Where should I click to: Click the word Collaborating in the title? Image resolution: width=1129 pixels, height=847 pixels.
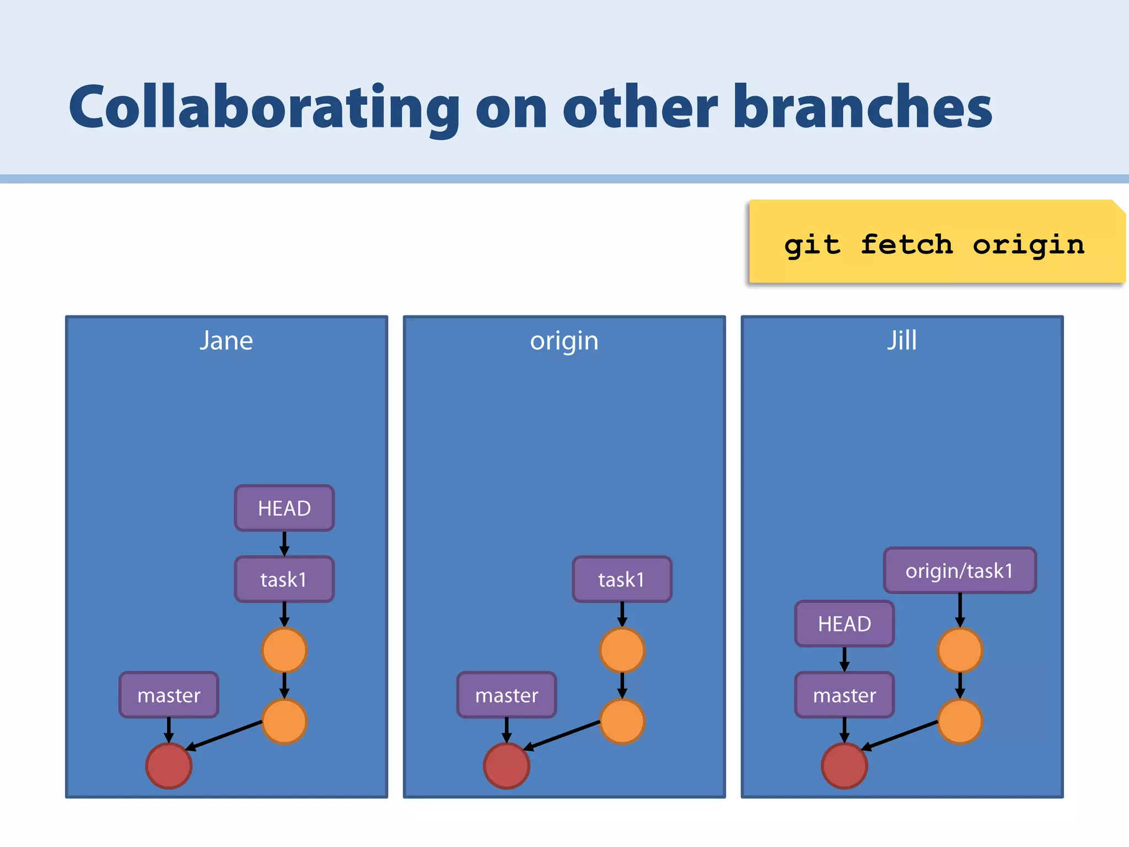click(264, 108)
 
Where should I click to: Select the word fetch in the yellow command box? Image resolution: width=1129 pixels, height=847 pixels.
click(906, 244)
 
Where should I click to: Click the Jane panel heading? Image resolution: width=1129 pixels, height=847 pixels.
click(226, 341)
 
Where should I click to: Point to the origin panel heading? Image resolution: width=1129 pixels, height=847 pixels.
click(564, 341)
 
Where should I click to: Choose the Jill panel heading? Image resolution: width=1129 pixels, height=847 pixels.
click(902, 340)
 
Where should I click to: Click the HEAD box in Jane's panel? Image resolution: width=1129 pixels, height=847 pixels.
click(284, 508)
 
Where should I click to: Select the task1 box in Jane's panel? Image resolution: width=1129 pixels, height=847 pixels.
click(284, 580)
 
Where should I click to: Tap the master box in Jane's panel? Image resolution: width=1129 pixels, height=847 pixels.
click(169, 695)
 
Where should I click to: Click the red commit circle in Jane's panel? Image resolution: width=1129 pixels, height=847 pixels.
click(169, 766)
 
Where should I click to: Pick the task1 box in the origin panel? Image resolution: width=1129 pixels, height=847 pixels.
click(622, 580)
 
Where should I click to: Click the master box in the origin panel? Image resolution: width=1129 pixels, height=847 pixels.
click(507, 695)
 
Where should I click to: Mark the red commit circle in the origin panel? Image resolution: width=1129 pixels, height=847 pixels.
click(507, 766)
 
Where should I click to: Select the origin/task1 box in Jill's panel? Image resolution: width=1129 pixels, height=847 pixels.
click(960, 571)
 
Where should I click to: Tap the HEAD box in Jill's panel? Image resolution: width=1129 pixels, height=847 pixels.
click(845, 624)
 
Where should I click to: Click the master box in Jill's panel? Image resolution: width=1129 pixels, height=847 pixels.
click(845, 695)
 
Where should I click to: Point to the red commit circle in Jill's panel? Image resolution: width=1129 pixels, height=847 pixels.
click(845, 766)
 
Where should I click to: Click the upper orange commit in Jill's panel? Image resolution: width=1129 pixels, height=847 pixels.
click(960, 651)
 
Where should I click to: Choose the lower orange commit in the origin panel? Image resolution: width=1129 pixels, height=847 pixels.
click(622, 721)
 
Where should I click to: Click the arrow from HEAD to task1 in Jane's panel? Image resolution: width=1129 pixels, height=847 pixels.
click(284, 544)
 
